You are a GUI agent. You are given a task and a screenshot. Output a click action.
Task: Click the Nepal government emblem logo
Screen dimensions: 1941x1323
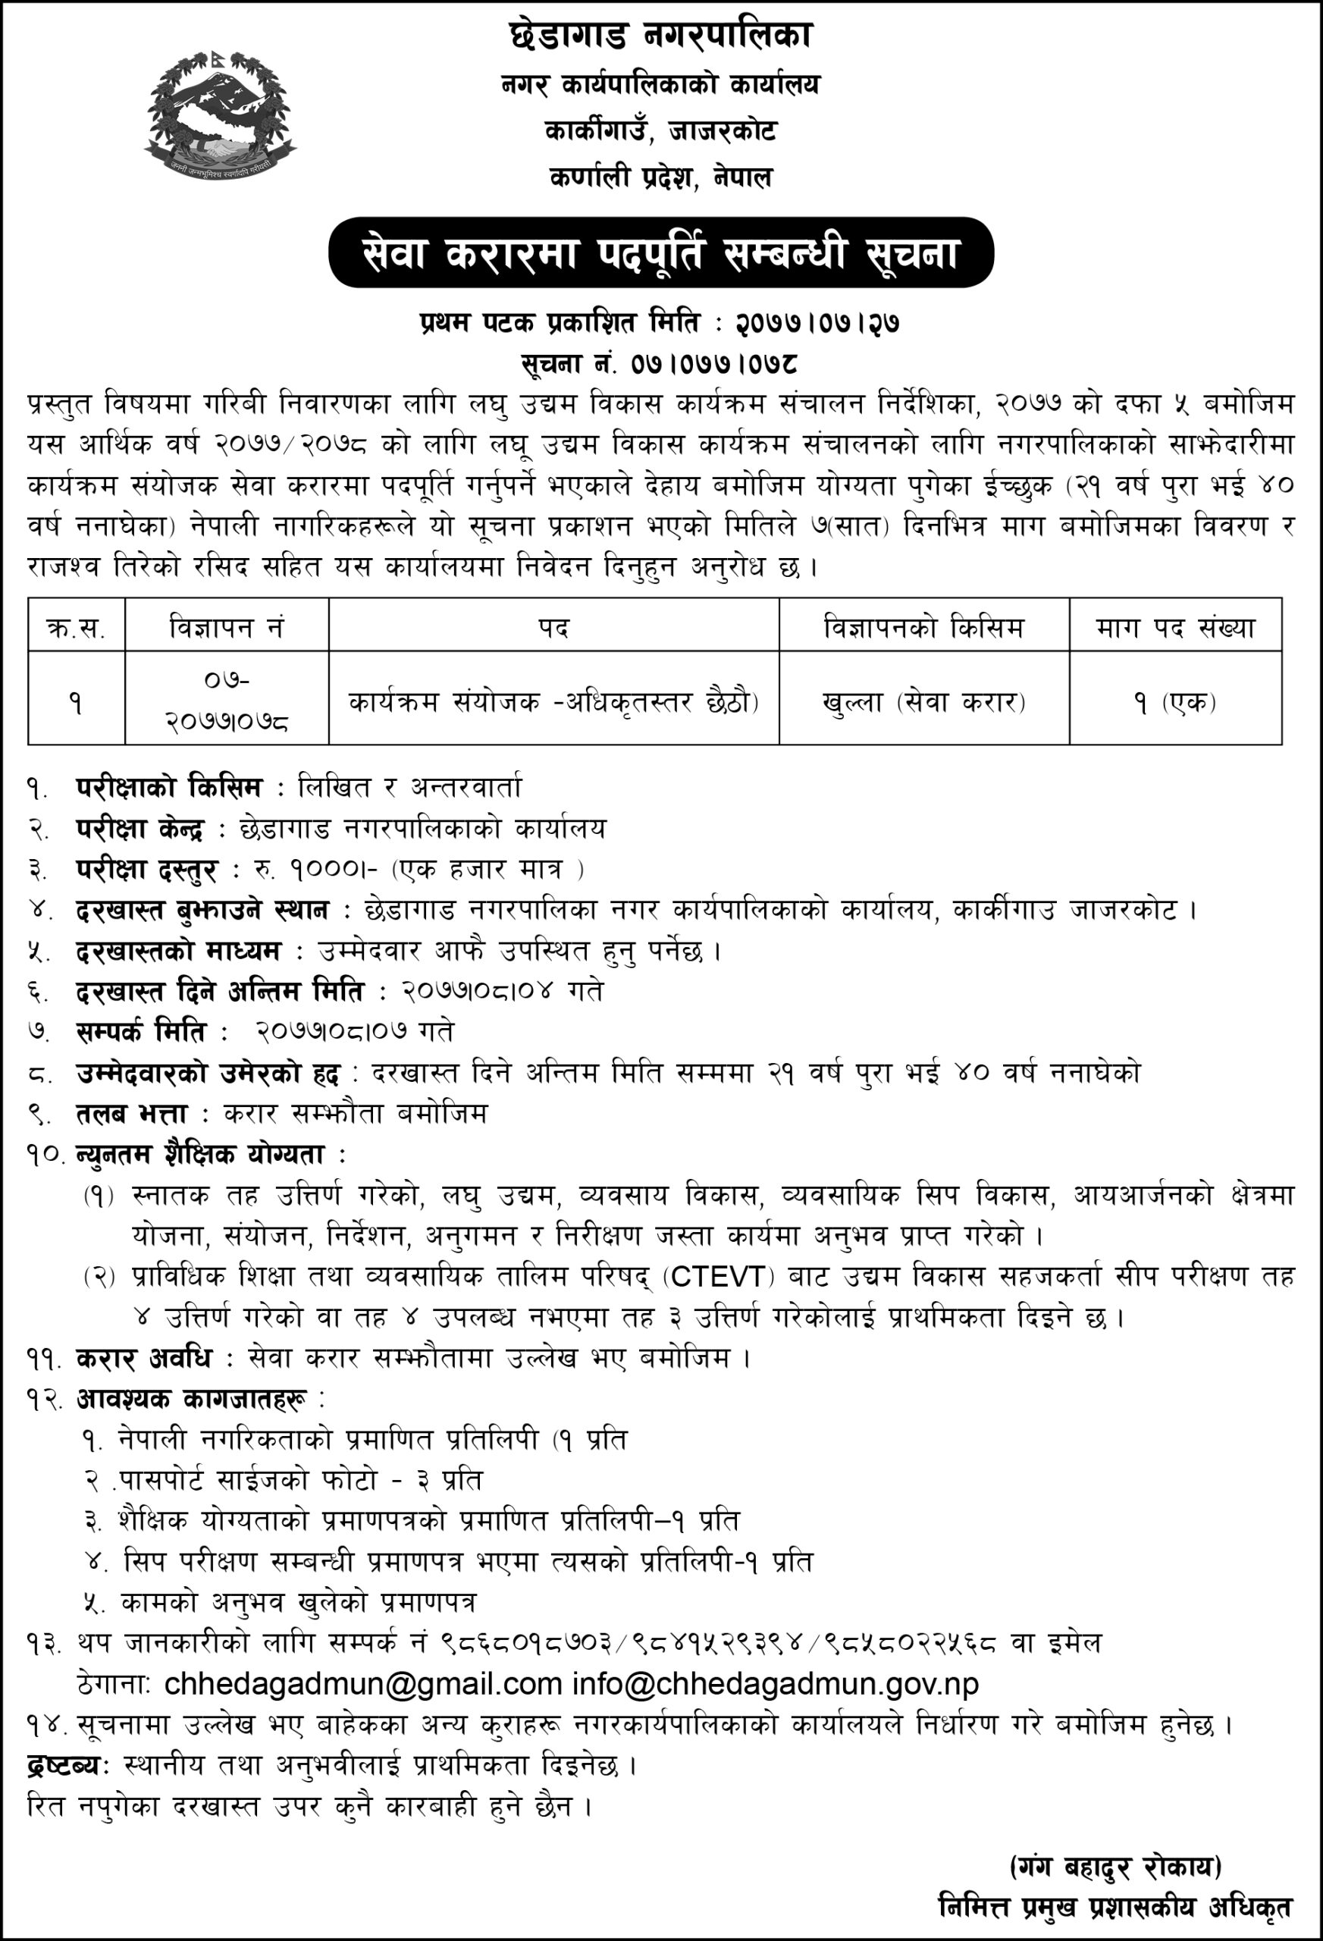click(x=220, y=113)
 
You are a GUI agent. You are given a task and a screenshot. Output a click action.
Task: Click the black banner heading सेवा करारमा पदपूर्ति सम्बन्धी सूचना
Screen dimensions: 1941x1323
click(x=660, y=253)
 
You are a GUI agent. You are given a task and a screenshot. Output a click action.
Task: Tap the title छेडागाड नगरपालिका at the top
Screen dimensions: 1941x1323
click(x=660, y=35)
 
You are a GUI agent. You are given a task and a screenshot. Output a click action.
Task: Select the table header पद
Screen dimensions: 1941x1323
click(x=553, y=626)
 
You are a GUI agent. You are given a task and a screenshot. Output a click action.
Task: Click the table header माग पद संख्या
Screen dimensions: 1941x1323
click(x=1175, y=626)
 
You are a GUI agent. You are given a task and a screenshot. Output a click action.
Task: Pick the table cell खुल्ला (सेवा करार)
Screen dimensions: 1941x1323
click(x=923, y=701)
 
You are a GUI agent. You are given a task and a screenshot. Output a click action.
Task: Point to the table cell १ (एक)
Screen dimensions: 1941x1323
click(x=1175, y=701)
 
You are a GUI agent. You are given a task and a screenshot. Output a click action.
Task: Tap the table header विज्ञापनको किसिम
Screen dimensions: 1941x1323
click(x=923, y=626)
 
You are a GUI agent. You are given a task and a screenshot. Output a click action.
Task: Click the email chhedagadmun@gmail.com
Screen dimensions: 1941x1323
click(x=362, y=1684)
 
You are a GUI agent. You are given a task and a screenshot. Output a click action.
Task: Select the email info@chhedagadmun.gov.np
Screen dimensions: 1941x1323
click(x=775, y=1684)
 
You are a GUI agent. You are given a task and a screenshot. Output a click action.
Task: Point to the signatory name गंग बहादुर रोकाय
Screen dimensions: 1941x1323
click(x=1115, y=1866)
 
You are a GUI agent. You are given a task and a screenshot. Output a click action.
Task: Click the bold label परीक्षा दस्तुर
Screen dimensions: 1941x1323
click(x=146, y=870)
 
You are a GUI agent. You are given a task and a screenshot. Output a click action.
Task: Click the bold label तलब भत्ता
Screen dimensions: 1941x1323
click(x=132, y=1113)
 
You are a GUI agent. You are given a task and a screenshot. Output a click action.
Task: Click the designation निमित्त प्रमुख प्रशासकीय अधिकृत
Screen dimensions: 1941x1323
click(x=1115, y=1907)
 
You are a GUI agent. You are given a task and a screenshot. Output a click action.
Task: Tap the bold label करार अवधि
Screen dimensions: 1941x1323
click(x=143, y=1358)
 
